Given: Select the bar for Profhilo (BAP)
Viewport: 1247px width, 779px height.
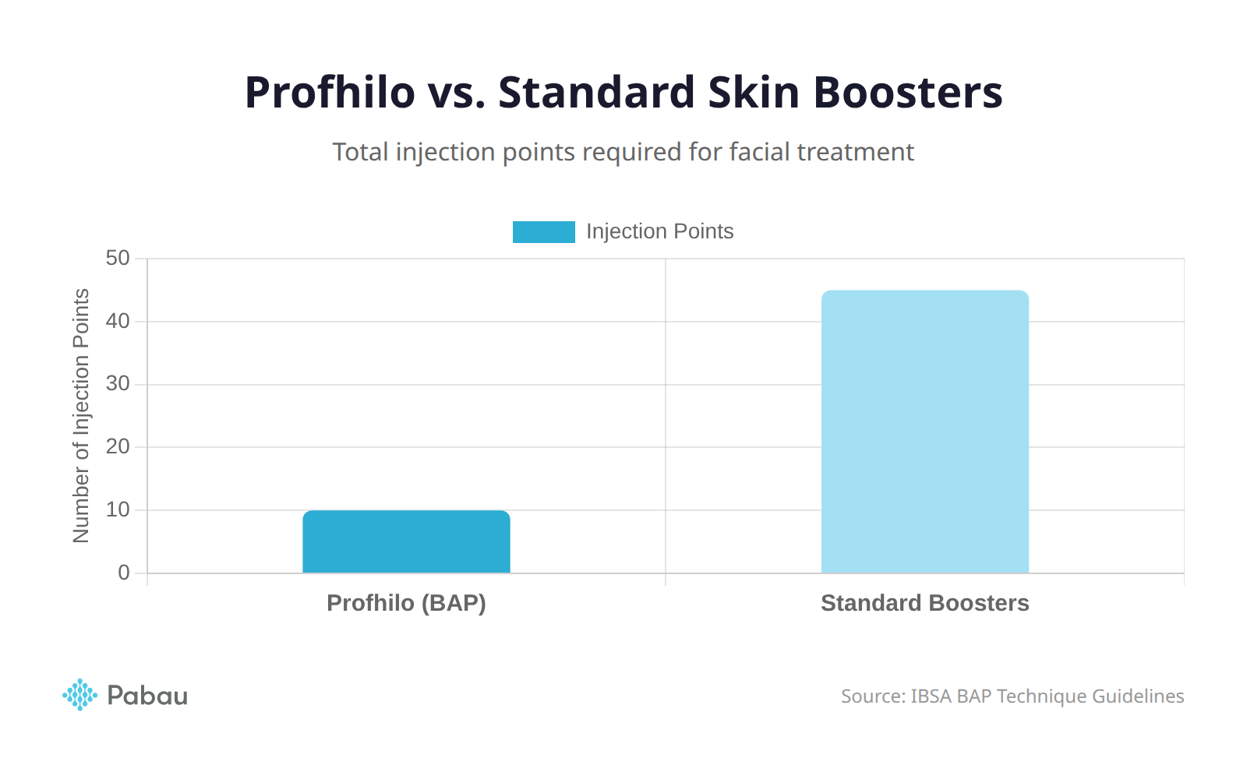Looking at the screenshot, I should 406,542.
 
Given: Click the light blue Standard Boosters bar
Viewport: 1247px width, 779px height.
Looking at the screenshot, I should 925,432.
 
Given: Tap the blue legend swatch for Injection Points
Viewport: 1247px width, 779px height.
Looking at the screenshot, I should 543,232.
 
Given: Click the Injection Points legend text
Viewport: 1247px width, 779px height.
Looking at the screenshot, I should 659,231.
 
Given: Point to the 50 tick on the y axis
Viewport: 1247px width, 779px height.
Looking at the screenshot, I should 118,259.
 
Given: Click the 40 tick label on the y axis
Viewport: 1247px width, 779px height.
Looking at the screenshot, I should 118,321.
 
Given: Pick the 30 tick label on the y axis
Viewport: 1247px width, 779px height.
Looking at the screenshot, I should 118,384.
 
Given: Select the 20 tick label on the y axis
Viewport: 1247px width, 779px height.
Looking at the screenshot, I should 118,447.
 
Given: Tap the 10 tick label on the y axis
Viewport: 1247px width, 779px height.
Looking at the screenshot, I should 118,510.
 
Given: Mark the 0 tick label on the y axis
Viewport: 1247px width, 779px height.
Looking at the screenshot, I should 124,573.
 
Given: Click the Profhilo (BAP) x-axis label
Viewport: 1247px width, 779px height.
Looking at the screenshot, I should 406,603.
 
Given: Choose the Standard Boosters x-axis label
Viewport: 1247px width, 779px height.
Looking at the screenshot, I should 925,603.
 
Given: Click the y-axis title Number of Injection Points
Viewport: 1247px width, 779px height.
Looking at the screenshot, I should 81,416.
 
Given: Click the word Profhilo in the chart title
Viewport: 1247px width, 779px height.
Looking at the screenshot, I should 330,92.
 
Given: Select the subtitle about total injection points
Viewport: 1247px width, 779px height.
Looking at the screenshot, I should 623,152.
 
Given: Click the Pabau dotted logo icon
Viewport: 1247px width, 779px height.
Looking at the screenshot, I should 79,695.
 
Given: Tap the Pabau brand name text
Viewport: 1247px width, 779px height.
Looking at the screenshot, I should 147,696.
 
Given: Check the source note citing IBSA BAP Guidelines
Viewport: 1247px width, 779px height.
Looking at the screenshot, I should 1012,696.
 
